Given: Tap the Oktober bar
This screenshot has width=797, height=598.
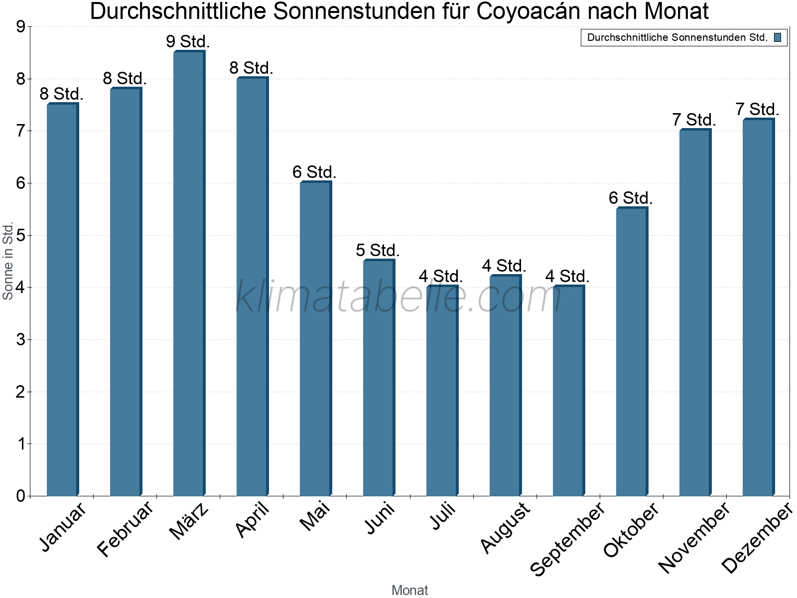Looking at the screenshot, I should click(x=632, y=351).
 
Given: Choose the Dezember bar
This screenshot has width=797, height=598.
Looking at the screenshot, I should click(x=759, y=307).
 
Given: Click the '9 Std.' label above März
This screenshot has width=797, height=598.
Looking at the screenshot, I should click(x=188, y=41).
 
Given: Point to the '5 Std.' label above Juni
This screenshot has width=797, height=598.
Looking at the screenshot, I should click(x=378, y=250).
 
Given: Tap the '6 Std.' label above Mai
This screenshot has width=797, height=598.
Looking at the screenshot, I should click(x=315, y=172).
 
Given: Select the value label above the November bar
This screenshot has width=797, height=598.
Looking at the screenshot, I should click(x=694, y=120).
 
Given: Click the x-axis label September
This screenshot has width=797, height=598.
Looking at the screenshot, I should click(x=567, y=538).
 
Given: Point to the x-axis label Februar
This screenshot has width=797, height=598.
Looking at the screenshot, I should click(x=125, y=529).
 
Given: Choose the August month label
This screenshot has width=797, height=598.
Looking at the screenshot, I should click(x=505, y=527).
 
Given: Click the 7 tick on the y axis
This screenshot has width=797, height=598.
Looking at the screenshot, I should click(x=20, y=131).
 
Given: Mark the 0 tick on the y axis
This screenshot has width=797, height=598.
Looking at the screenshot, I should click(x=20, y=496).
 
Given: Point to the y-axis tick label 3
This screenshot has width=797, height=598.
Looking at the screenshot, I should click(x=20, y=340).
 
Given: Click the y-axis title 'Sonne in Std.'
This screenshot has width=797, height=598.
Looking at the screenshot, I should click(x=8, y=261).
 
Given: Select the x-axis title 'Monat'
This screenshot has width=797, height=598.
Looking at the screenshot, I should click(x=409, y=590).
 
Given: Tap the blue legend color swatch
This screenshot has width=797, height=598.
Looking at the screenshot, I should click(x=778, y=37).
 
